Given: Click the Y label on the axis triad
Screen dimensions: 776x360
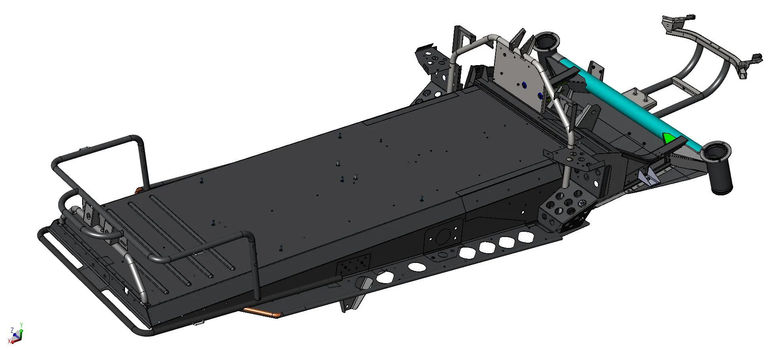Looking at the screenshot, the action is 21,325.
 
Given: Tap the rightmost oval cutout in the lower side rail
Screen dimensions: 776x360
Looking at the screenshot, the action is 526,237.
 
